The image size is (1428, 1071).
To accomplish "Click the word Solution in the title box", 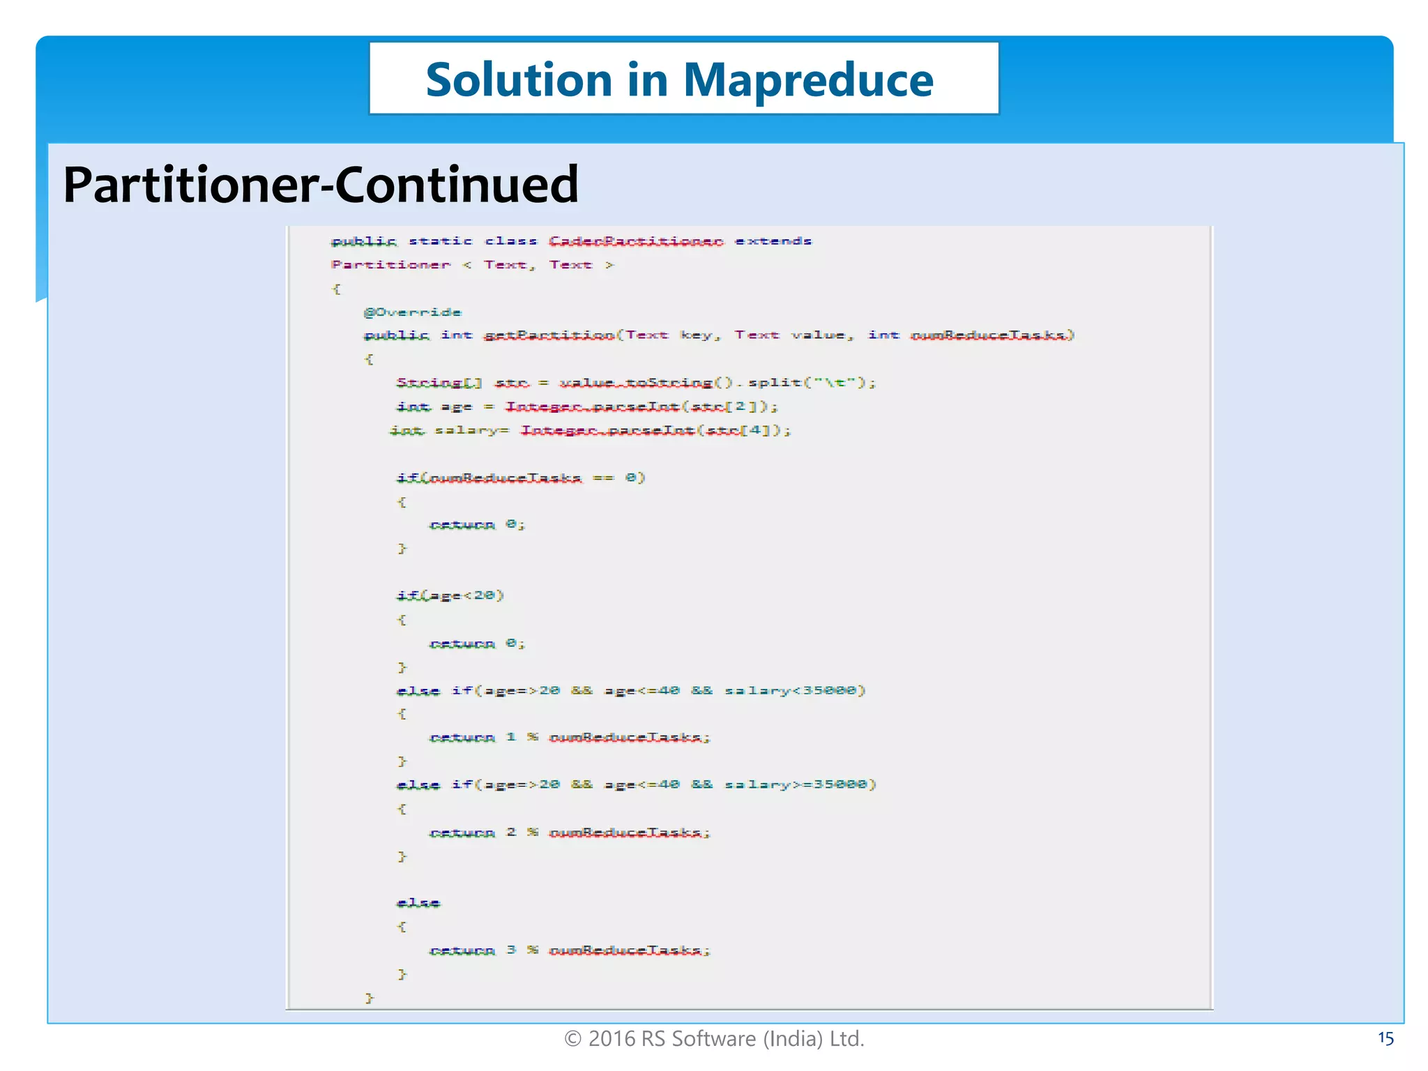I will (x=519, y=80).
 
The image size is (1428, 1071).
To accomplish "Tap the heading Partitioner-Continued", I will (x=321, y=185).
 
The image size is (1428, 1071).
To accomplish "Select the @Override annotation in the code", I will (x=412, y=312).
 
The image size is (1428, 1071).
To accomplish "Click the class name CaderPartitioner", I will (x=635, y=241).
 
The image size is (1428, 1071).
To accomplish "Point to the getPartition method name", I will (x=549, y=335).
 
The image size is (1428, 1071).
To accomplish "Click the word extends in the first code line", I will (x=773, y=241).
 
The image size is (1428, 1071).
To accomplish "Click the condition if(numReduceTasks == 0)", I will (x=520, y=478).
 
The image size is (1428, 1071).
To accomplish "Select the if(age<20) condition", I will (x=450, y=595).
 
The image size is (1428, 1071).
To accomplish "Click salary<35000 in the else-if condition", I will (x=793, y=690).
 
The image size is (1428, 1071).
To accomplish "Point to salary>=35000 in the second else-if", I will (x=799, y=784).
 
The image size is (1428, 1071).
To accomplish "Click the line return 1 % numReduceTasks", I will (x=569, y=737).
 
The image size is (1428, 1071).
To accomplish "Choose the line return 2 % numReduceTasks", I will (x=569, y=832).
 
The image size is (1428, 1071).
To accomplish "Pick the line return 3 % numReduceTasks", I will (x=569, y=950).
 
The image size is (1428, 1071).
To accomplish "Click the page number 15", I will (x=1385, y=1039).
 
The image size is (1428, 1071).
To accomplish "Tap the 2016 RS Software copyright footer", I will (x=714, y=1039).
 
